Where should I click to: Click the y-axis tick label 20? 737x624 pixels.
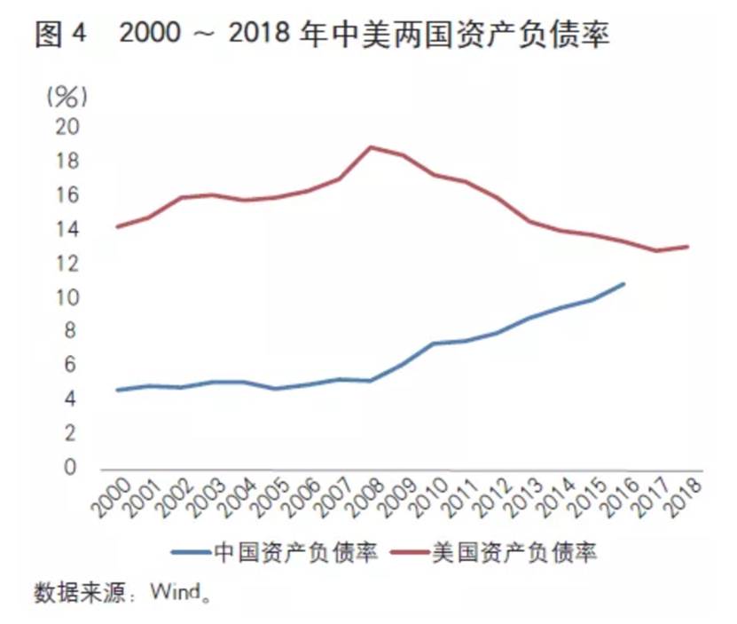click(68, 127)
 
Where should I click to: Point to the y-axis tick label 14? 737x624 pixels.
click(68, 229)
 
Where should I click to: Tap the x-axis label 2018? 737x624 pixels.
click(682, 498)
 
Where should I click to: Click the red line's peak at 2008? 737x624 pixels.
click(371, 146)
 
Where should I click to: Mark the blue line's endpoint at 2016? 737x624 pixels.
click(624, 284)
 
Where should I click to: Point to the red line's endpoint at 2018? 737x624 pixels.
click(687, 246)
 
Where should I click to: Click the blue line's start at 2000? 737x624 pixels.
click(117, 390)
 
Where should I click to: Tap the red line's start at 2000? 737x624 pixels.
click(117, 226)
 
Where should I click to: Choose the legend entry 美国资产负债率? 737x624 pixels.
click(514, 552)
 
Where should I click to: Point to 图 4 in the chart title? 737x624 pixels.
click(61, 34)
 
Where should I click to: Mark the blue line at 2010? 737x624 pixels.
click(435, 343)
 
